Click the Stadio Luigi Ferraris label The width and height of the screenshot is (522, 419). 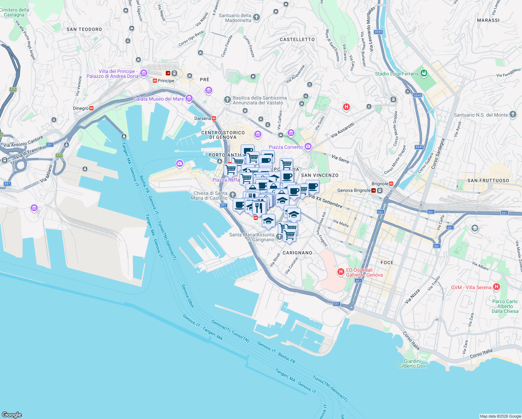coord(396,74)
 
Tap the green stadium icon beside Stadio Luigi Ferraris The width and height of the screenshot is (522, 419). coord(424,73)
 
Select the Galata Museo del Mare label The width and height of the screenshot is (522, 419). coord(159,99)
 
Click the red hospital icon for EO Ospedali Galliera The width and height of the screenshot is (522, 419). coord(341,272)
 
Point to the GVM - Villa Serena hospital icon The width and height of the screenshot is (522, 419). coord(496,287)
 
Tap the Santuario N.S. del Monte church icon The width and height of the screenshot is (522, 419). coord(513,114)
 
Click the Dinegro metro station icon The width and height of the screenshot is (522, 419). coord(91,108)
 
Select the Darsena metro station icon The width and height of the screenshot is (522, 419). coord(214,118)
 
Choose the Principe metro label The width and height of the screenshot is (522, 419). coord(166,81)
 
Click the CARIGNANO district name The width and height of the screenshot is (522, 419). coord(297,253)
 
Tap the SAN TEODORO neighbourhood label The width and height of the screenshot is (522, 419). coord(84,29)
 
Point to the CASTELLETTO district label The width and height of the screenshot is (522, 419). coord(297,39)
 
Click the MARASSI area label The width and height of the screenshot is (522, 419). coord(488,20)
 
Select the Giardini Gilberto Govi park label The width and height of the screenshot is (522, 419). coord(412,363)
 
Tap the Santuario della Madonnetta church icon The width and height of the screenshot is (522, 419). coord(256,17)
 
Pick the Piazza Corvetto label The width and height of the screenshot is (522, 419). coord(285,147)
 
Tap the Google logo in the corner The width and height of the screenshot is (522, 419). coord(12,414)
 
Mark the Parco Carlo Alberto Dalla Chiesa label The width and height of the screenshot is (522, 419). coord(505,306)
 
